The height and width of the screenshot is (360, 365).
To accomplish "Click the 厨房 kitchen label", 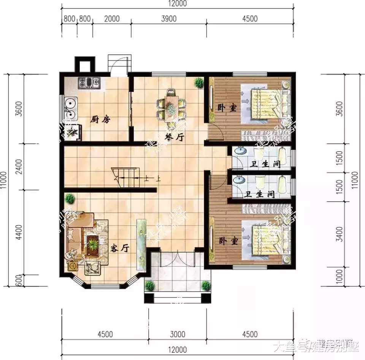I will (100, 119).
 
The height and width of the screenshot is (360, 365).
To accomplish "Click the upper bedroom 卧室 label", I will (227, 108).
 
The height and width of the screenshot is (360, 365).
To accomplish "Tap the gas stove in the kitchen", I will (89, 82).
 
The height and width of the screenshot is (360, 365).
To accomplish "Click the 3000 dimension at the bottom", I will (177, 335).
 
